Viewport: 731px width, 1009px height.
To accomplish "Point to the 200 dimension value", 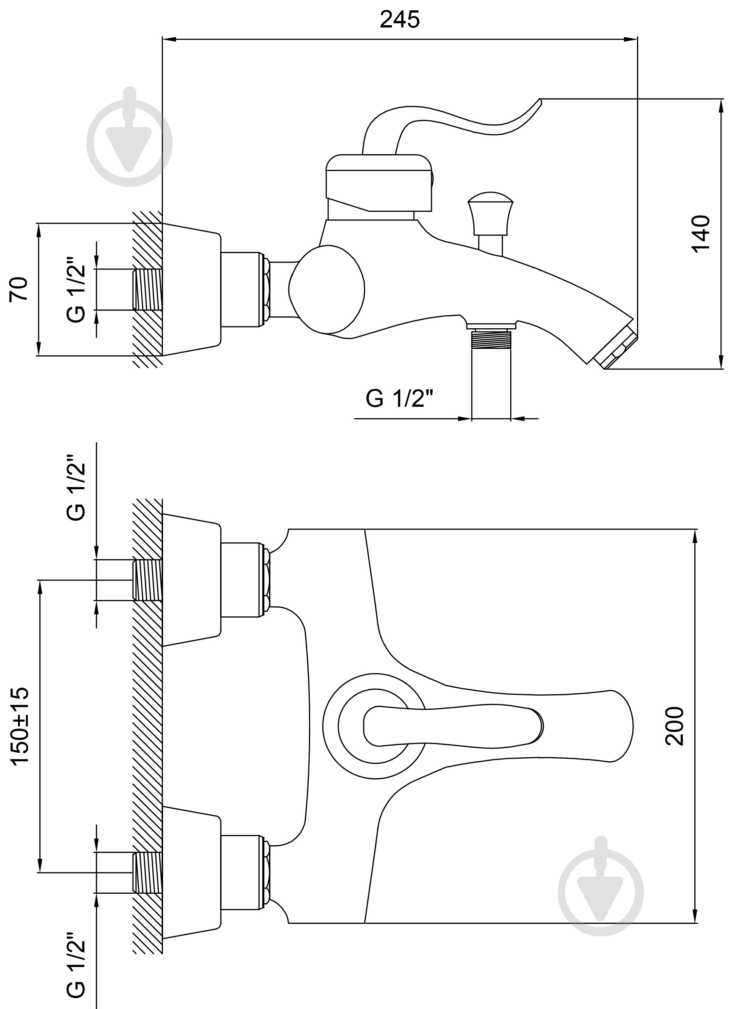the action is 674,725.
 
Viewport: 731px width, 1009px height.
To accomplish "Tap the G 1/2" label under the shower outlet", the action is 399,399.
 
